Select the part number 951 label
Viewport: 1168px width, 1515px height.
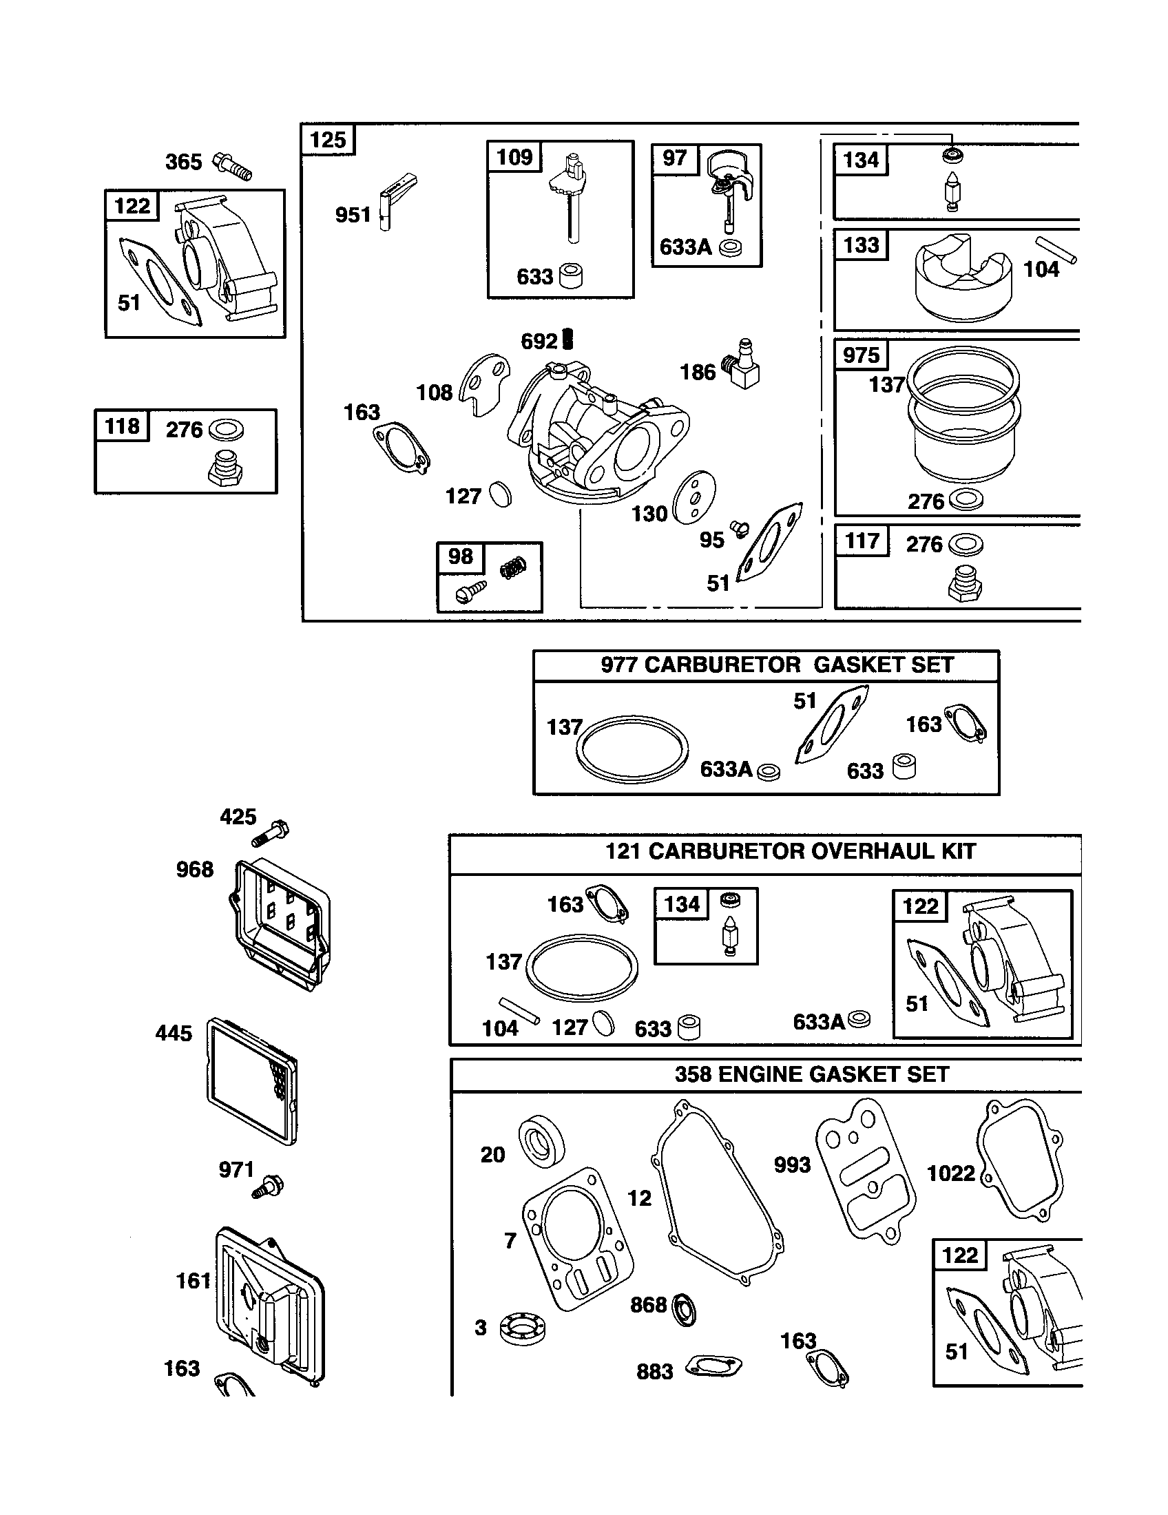click(x=353, y=215)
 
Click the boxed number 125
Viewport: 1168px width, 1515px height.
click(x=327, y=140)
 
